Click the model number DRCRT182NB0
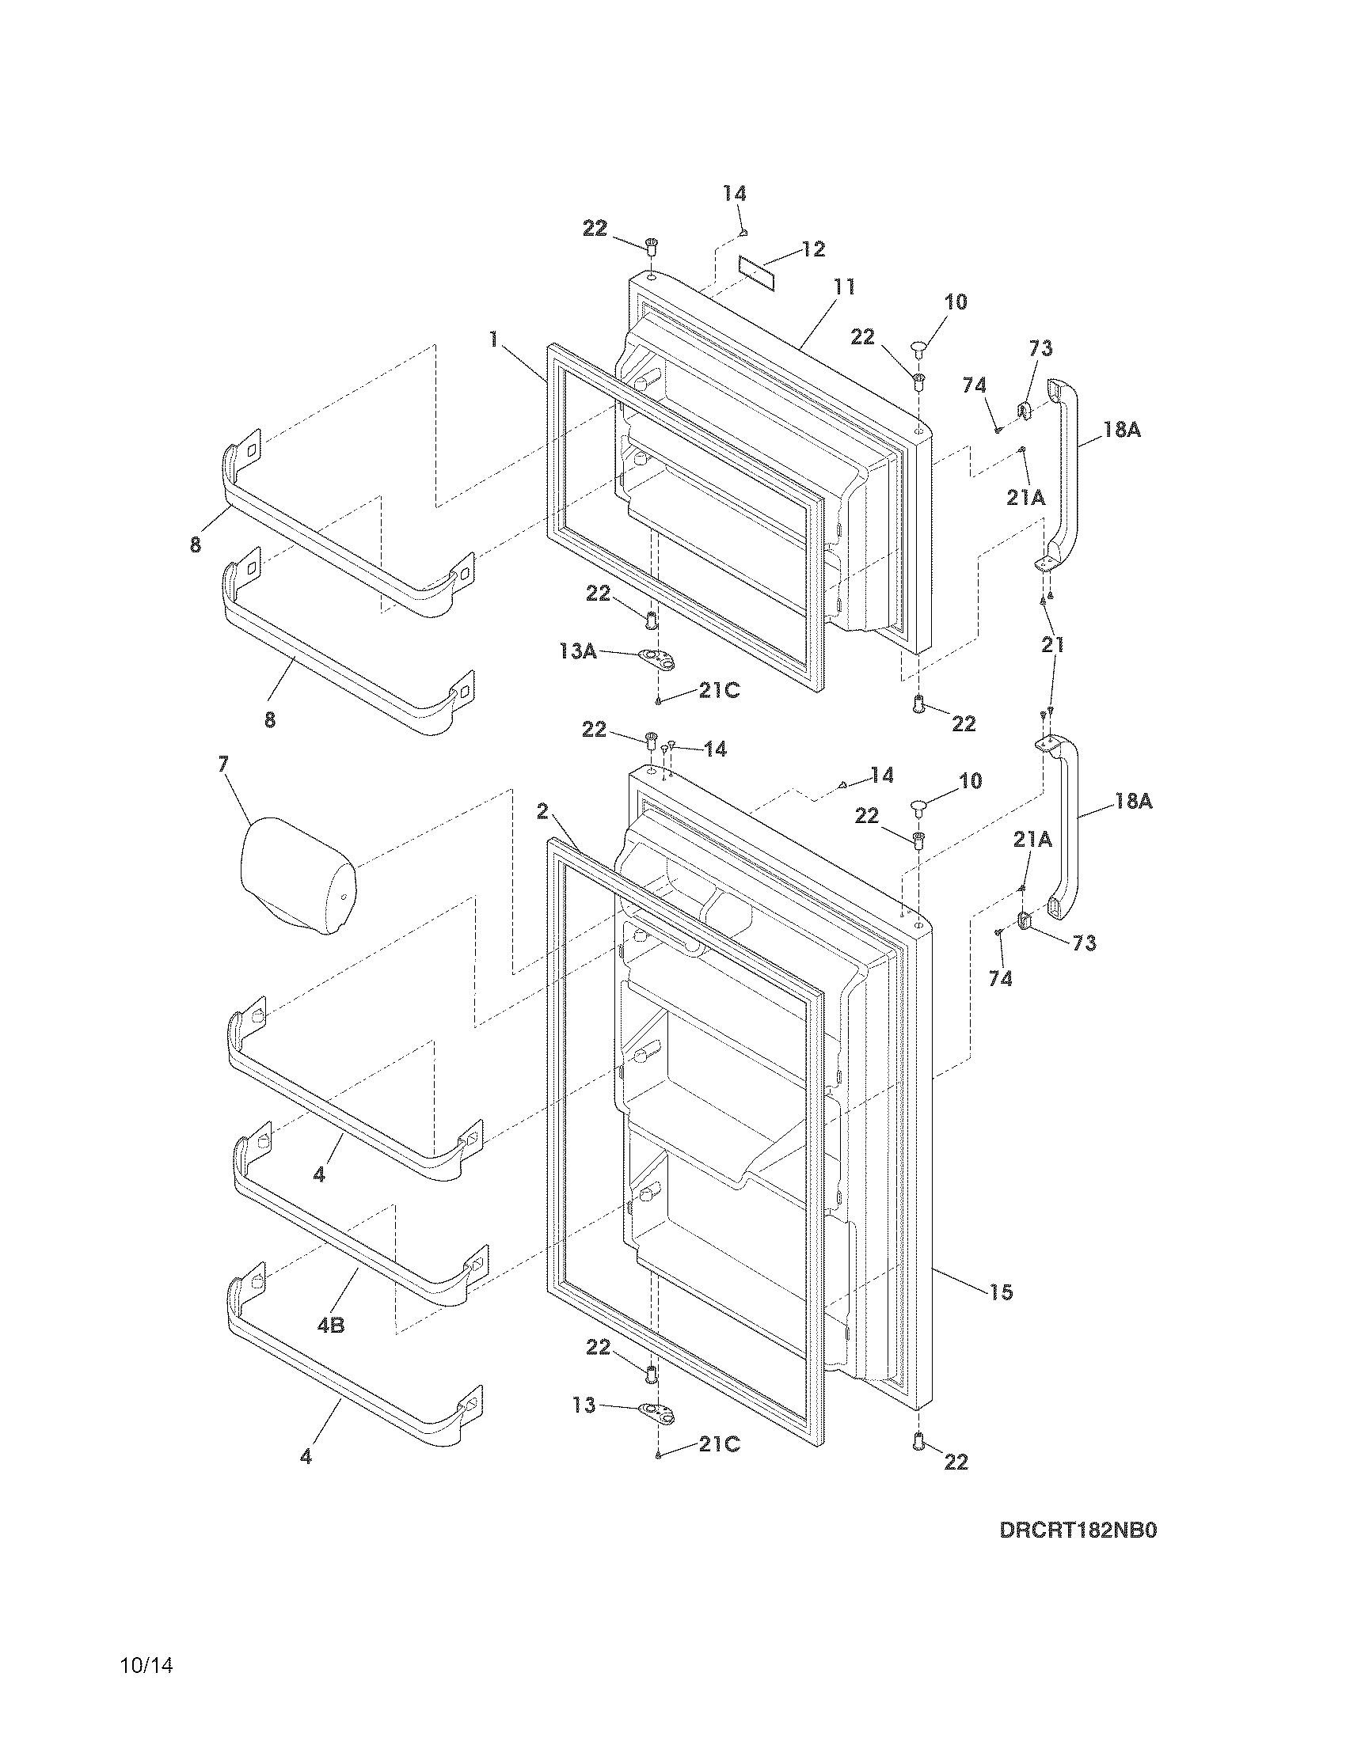pyautogui.click(x=1078, y=1553)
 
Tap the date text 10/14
pyautogui.click(x=146, y=1689)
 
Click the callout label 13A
pyautogui.click(x=578, y=651)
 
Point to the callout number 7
pyautogui.click(x=222, y=764)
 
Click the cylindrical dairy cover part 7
pyautogui.click(x=298, y=874)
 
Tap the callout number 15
pyautogui.click(x=1002, y=1292)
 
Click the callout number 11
pyautogui.click(x=844, y=286)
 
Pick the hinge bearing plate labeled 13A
pyautogui.click(x=656, y=658)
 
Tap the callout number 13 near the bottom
pyautogui.click(x=584, y=1405)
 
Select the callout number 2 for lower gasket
pyautogui.click(x=542, y=811)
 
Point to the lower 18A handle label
pyautogui.click(x=1133, y=801)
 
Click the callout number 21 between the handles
pyautogui.click(x=1052, y=644)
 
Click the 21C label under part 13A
pyautogui.click(x=719, y=690)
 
